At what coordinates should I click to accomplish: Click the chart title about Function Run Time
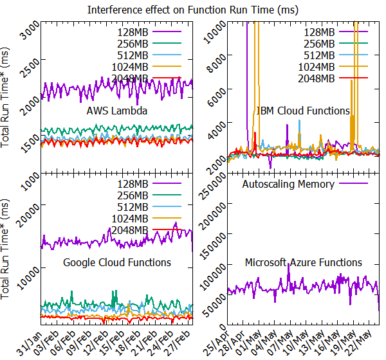tap(193, 10)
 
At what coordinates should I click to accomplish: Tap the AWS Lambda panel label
tap(117, 111)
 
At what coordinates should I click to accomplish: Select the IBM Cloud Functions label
tap(303, 111)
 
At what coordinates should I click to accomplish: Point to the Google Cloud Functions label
tap(117, 262)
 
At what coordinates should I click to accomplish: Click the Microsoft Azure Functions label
tap(303, 262)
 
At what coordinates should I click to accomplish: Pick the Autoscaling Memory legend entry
tap(305, 184)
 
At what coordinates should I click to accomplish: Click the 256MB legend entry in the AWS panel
tap(149, 44)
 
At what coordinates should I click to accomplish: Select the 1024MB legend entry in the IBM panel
tap(333, 67)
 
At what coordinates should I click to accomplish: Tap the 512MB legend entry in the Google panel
tap(149, 207)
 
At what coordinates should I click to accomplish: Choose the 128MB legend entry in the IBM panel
tap(336, 32)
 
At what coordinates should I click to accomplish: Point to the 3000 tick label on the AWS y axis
tap(30, 30)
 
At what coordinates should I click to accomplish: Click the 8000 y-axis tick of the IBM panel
tap(217, 64)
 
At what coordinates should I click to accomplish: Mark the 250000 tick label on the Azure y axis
tap(214, 188)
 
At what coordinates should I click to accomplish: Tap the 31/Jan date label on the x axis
tap(30, 343)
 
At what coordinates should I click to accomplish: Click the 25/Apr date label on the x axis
tap(216, 343)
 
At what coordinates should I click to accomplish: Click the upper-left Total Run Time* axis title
tap(5, 98)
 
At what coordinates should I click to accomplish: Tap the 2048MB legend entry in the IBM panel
tap(333, 78)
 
